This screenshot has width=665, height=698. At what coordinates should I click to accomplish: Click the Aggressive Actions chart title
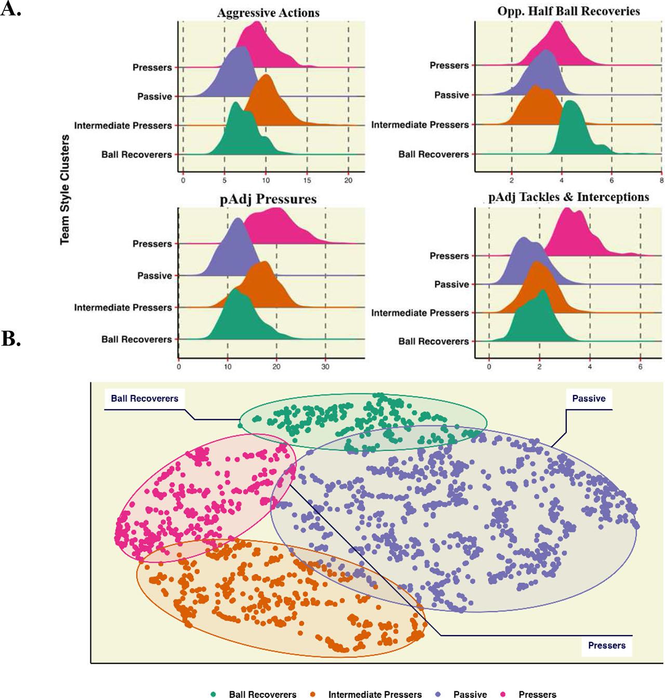[268, 13]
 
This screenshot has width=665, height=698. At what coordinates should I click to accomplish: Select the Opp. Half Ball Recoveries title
[568, 11]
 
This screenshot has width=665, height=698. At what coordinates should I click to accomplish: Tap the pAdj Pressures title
[268, 199]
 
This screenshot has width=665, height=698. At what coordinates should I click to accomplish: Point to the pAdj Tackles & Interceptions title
[568, 197]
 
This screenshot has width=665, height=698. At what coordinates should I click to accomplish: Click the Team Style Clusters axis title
[65, 190]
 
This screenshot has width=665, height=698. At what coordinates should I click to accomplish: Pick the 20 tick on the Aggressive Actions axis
[348, 180]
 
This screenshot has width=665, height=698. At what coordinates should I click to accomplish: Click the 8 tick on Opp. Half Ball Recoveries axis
[661, 180]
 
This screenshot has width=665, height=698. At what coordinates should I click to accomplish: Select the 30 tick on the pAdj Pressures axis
[325, 366]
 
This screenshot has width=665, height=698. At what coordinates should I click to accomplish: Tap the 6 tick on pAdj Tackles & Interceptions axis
[640, 366]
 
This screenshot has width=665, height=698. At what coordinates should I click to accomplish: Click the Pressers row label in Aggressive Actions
[152, 68]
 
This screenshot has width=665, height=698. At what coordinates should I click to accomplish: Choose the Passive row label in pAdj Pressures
[154, 275]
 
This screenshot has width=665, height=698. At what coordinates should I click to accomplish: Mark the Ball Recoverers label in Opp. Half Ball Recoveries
[433, 154]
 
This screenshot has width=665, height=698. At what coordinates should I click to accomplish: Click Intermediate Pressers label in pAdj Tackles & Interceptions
[420, 313]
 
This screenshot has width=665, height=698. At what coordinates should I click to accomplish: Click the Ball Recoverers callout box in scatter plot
[144, 399]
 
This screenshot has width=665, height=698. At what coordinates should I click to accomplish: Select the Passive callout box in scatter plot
[589, 399]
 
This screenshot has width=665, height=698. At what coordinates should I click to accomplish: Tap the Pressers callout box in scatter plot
[606, 646]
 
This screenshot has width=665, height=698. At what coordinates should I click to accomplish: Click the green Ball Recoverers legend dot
[214, 694]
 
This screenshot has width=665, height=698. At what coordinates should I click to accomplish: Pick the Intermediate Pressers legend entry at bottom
[375, 694]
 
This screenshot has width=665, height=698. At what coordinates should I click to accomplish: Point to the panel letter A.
[10, 9]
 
